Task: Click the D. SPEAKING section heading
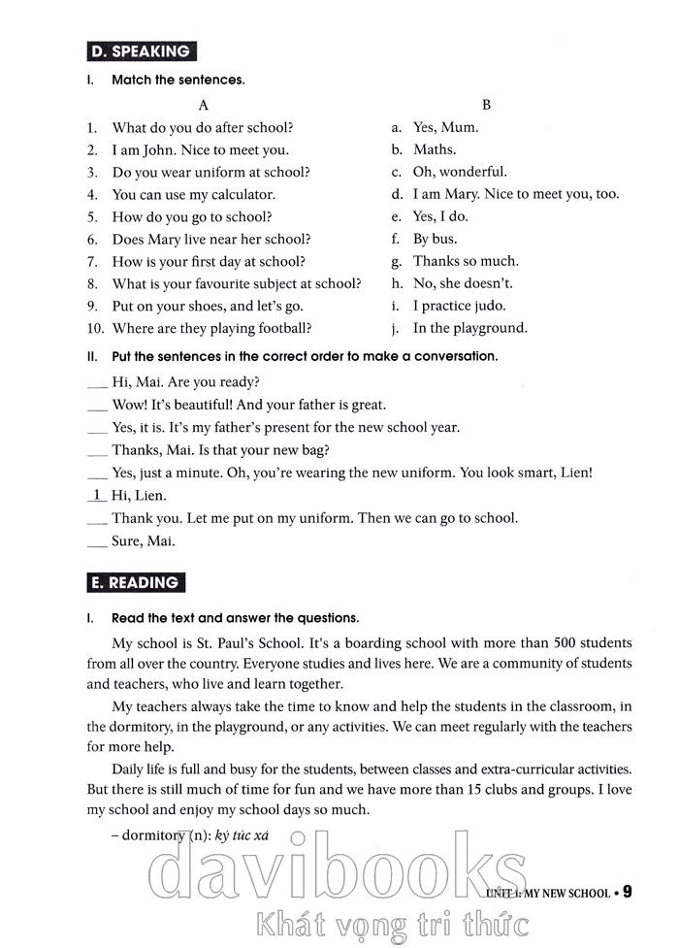pyautogui.click(x=141, y=51)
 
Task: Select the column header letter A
pyautogui.click(x=203, y=104)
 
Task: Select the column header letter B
pyautogui.click(x=487, y=104)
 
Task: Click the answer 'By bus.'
pyautogui.click(x=435, y=239)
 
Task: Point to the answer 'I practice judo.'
pyautogui.click(x=459, y=306)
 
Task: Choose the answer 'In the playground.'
pyautogui.click(x=469, y=328)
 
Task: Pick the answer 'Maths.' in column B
pyautogui.click(x=434, y=149)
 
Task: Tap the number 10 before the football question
pyautogui.click(x=95, y=328)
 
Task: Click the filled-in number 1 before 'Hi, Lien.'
pyautogui.click(x=96, y=495)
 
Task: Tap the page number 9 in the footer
pyautogui.click(x=627, y=891)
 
